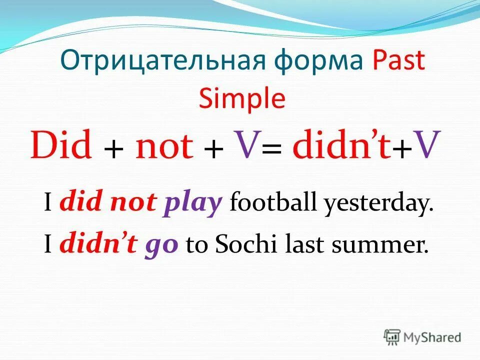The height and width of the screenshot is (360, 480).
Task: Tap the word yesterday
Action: (x=377, y=205)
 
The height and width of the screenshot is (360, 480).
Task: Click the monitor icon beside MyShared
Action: (x=392, y=337)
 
